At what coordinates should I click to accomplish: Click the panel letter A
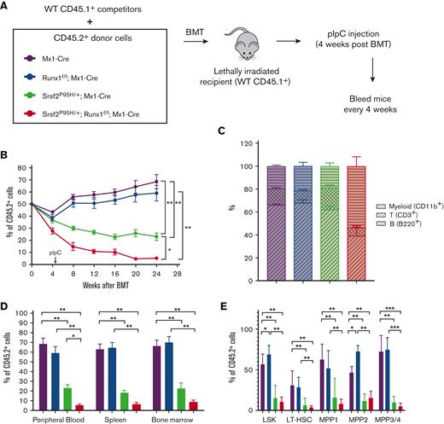click(x=6, y=9)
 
